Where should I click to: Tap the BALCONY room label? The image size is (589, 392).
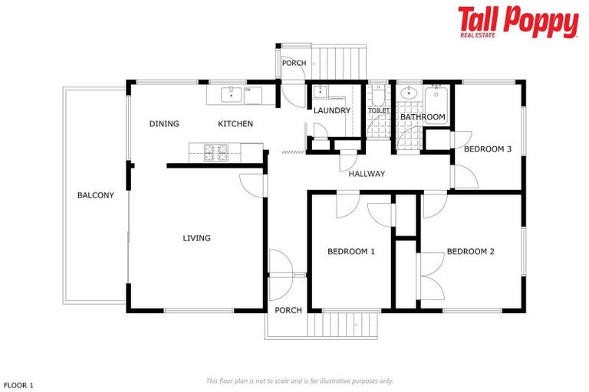(x=96, y=195)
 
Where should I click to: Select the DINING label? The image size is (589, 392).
(x=164, y=124)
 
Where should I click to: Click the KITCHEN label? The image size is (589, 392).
(x=235, y=124)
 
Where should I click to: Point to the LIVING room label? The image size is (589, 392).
(x=196, y=238)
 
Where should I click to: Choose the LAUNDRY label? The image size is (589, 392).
(x=332, y=110)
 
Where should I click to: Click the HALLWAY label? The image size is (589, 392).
(x=367, y=174)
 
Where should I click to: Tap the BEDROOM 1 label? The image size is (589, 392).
(x=350, y=251)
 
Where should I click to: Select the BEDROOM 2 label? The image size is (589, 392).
(x=471, y=251)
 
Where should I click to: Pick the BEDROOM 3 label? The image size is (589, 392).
(x=488, y=149)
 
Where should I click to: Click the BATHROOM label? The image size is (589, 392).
(x=423, y=117)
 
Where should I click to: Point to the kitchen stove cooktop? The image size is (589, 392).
(x=214, y=151)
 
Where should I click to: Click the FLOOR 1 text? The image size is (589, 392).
(x=19, y=386)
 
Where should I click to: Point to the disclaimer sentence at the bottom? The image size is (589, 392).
(x=299, y=381)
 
